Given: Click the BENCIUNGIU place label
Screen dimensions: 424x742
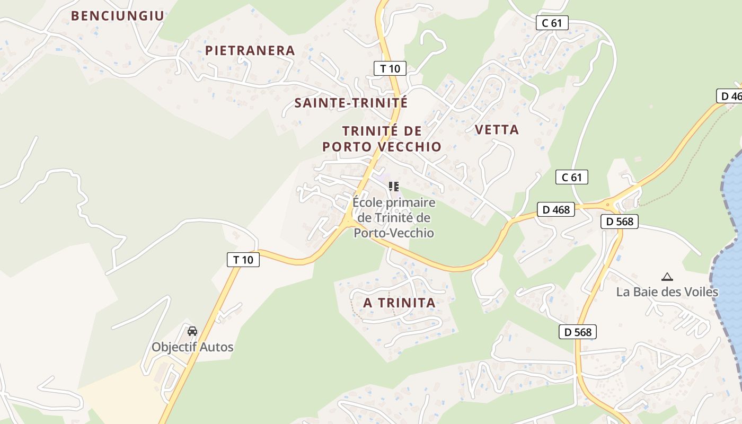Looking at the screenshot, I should point(118,16).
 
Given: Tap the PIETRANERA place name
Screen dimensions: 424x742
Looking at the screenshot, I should point(250,50).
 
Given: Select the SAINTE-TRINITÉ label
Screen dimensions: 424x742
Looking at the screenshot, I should point(351,103).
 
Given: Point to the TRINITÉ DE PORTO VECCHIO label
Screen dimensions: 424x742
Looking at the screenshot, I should point(382,139).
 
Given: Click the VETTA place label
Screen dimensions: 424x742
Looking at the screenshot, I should point(497,130).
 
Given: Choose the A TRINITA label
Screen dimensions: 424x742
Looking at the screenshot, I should point(399,303).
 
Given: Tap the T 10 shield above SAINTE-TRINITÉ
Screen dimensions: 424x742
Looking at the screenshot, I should point(390,68).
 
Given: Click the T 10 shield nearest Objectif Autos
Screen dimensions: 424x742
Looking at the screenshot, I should point(243,260).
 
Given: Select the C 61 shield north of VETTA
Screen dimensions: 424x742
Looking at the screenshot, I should point(552,23).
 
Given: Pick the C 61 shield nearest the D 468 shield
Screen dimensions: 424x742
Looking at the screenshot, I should point(572,177).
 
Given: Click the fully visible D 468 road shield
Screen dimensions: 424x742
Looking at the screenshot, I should point(556,209).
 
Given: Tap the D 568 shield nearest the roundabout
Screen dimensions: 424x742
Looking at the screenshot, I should point(620,222).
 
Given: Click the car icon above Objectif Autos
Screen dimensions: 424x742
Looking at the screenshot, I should point(192,331).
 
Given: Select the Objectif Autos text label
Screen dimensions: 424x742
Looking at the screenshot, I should point(192,347).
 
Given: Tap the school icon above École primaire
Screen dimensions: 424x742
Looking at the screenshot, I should point(393,186).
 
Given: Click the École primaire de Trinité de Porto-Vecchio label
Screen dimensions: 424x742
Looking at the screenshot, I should point(394,217).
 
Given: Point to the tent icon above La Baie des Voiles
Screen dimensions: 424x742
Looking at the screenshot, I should point(667,276).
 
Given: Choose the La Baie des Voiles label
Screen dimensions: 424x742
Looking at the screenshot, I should point(667,292).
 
